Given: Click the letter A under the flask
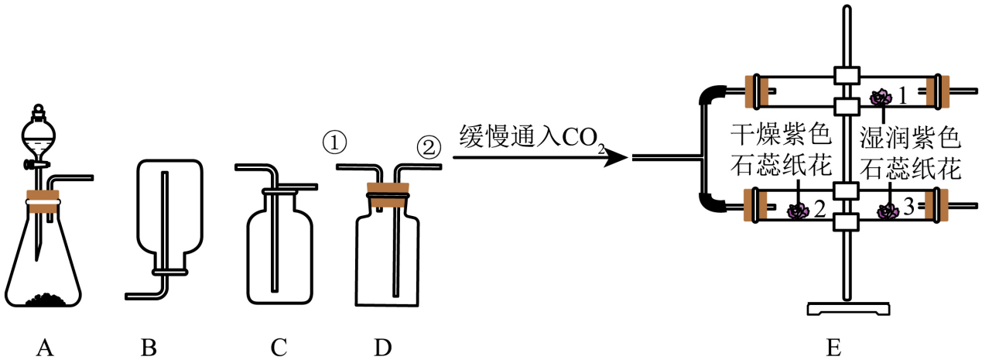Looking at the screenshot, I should coord(45,348).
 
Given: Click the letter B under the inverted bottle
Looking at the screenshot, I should coord(149,348).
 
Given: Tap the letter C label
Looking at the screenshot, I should coord(279,348).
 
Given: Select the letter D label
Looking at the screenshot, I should coord(382,348).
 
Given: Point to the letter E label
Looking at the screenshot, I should coord(833,348).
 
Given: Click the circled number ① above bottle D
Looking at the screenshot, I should coord(334,143).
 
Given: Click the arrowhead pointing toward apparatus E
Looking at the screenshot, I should coord(616,158).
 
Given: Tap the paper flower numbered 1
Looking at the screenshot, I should coord(881,98).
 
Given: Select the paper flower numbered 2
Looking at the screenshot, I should coord(797,210).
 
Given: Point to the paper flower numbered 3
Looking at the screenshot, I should coord(888,210).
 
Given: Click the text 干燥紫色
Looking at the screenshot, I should coord(781,139).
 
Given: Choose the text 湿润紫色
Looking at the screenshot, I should coord(911,139).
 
